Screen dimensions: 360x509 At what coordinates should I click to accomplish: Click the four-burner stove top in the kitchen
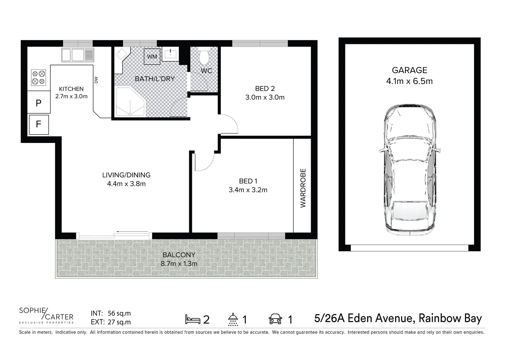pyautogui.click(x=38, y=78)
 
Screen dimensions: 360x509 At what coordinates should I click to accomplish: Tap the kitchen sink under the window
pyautogui.click(x=78, y=55)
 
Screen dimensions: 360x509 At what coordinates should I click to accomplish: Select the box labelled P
pyautogui.click(x=39, y=103)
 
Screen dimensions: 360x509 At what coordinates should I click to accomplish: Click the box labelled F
pyautogui.click(x=39, y=124)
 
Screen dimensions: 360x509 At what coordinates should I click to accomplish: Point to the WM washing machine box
pyautogui.click(x=152, y=56)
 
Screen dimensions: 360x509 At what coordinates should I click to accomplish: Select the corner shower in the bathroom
pyautogui.click(x=130, y=101)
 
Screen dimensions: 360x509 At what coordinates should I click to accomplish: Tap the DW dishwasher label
pyautogui.click(x=96, y=80)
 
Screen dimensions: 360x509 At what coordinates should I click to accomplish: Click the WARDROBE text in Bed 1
pyautogui.click(x=303, y=188)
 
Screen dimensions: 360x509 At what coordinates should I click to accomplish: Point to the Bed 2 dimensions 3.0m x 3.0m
pyautogui.click(x=265, y=97)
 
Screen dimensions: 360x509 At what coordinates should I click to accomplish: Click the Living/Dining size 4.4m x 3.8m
pyautogui.click(x=126, y=184)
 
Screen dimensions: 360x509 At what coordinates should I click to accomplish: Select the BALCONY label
pyautogui.click(x=179, y=255)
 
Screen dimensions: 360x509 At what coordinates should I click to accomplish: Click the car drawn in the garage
pyautogui.click(x=409, y=168)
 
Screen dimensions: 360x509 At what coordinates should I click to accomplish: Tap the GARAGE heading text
pyautogui.click(x=409, y=70)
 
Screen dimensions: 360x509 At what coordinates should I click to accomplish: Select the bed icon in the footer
pyautogui.click(x=193, y=319)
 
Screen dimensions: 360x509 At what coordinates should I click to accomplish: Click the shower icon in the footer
pyautogui.click(x=233, y=319)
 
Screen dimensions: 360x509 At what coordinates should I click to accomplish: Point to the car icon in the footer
pyautogui.click(x=275, y=319)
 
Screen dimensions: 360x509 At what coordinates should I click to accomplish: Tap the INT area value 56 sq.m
pyautogui.click(x=119, y=313)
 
